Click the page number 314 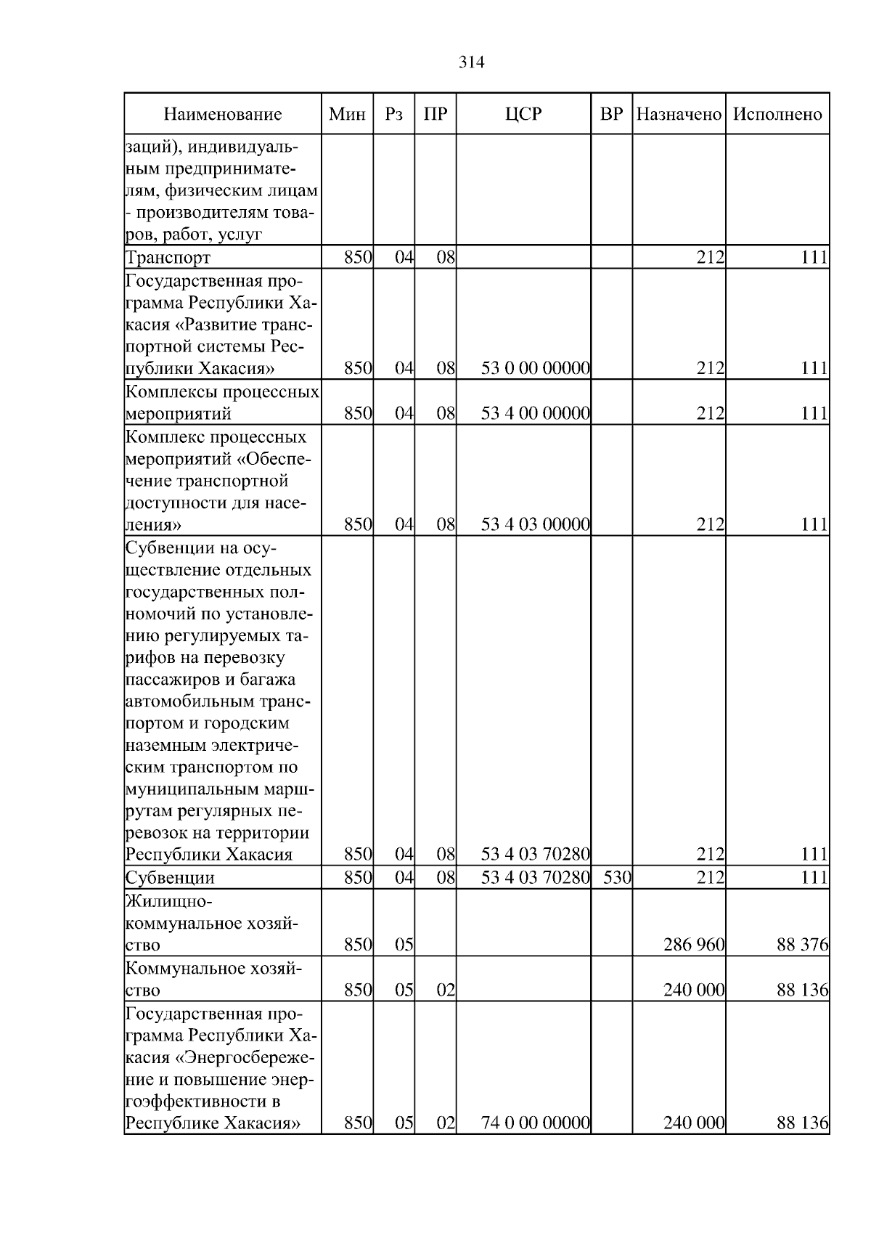click(472, 62)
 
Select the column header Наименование click(222, 114)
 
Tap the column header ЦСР click(523, 114)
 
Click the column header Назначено click(679, 114)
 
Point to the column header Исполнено click(777, 114)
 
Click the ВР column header click(612, 114)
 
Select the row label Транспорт click(168, 258)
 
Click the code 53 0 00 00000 click(535, 368)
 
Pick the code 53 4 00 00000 click(535, 414)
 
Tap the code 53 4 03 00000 click(535, 524)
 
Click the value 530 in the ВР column click(617, 878)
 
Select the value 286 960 click(693, 945)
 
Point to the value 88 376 click(802, 945)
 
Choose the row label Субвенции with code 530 click(170, 878)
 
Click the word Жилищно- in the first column click(168, 902)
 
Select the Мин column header click(347, 114)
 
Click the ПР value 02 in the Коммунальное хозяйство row click(445, 990)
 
